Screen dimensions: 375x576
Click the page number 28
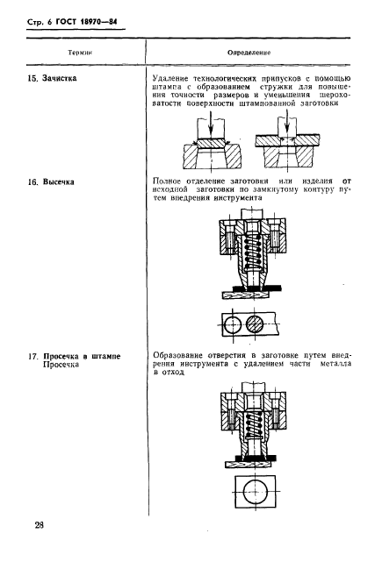[40, 525]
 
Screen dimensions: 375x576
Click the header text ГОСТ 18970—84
[86, 22]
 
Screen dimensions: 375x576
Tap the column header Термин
[80, 53]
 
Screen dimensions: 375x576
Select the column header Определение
[249, 53]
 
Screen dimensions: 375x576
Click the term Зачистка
[60, 78]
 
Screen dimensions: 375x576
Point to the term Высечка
[59, 181]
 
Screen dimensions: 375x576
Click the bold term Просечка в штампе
[82, 356]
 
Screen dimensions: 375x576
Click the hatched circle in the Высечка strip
[255, 324]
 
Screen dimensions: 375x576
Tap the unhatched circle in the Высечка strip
[233, 324]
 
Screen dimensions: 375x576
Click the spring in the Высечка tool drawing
[253, 250]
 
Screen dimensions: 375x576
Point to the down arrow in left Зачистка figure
[210, 128]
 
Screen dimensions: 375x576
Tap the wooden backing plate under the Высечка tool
[245, 295]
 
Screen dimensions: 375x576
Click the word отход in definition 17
[173, 373]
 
